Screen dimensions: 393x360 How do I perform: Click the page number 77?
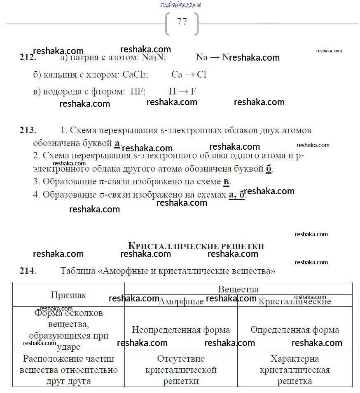(x=182, y=22)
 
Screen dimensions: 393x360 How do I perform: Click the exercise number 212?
(x=28, y=58)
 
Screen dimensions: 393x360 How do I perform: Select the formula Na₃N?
(x=153, y=58)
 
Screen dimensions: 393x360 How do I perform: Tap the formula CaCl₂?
(x=135, y=75)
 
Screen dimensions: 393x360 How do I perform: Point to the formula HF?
(x=138, y=92)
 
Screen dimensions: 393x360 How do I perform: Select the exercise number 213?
(x=28, y=130)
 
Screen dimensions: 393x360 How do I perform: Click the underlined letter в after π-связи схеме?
(x=227, y=181)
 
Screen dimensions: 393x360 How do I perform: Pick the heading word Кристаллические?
(x=173, y=246)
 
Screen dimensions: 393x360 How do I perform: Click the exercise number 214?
(x=28, y=271)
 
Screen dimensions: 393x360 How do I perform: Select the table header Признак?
(x=68, y=295)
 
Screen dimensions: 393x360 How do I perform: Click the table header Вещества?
(x=238, y=289)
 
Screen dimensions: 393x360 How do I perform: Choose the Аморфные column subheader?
(x=181, y=301)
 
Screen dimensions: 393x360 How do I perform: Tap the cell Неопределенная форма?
(x=181, y=330)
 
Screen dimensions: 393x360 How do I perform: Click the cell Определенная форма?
(x=295, y=330)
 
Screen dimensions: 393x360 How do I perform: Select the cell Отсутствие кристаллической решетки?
(x=181, y=370)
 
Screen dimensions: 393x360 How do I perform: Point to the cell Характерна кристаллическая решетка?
(x=295, y=370)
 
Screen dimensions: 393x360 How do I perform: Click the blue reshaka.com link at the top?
(x=180, y=5)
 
